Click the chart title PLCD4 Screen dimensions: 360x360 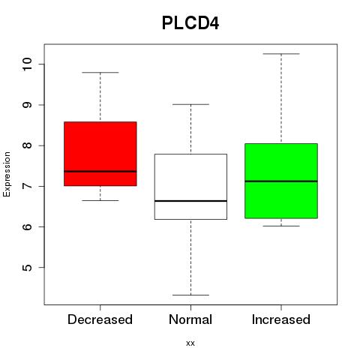click(x=190, y=23)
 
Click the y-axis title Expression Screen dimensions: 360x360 click(x=7, y=174)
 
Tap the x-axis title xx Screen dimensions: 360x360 click(x=190, y=343)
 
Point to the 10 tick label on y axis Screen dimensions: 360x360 click(x=27, y=64)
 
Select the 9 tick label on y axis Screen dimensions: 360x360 click(x=27, y=105)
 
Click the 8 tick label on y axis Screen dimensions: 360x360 click(x=27, y=145)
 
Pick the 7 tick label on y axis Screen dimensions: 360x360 click(x=27, y=186)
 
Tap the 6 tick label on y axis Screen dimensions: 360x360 click(x=27, y=226)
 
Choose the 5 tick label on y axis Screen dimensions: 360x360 click(x=27, y=268)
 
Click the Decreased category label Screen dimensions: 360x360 click(x=100, y=319)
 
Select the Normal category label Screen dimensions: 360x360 click(x=190, y=319)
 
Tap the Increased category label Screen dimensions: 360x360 click(x=281, y=319)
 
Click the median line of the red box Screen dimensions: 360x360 click(x=100, y=172)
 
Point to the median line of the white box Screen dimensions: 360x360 click(x=190, y=201)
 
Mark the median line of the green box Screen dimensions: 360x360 click(x=281, y=181)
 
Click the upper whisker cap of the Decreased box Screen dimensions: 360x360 click(x=100, y=73)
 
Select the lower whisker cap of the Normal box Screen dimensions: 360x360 click(x=190, y=295)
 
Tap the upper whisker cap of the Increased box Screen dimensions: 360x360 click(x=281, y=54)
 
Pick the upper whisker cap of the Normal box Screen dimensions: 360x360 click(x=190, y=104)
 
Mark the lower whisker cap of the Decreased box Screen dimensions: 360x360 click(x=100, y=200)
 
